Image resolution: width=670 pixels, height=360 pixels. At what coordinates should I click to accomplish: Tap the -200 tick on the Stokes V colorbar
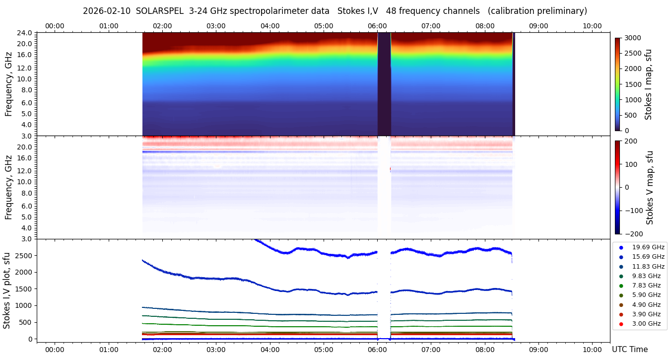[633, 234]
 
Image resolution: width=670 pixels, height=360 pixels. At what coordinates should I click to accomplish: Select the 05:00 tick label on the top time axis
[324, 26]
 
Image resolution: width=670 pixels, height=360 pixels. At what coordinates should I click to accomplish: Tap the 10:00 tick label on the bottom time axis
[592, 349]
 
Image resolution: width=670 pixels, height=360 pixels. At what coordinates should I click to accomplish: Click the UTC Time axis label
[630, 350]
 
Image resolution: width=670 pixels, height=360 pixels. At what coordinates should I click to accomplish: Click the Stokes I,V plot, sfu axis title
[7, 290]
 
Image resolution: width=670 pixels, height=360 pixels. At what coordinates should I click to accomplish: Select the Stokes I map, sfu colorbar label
[648, 84]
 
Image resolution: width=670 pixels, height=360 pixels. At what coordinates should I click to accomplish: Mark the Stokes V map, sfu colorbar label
[650, 188]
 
